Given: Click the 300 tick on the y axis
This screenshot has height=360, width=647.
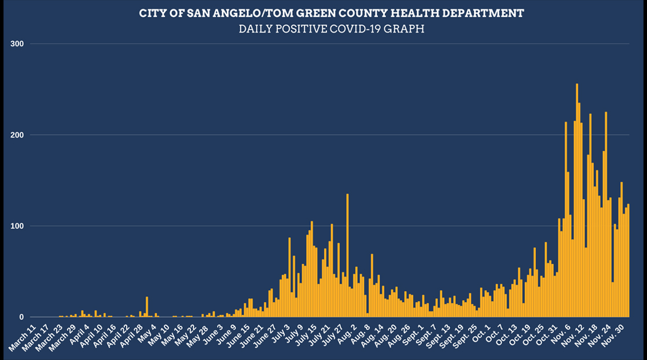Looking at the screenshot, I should tap(18, 43).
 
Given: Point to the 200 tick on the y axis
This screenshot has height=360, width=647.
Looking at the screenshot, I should tap(18, 135).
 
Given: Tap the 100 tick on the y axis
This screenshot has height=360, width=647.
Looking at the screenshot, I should tap(18, 226).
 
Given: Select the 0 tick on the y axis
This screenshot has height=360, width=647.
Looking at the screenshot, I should tap(22, 317).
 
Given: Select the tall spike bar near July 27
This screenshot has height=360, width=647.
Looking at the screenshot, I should tap(347, 255).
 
